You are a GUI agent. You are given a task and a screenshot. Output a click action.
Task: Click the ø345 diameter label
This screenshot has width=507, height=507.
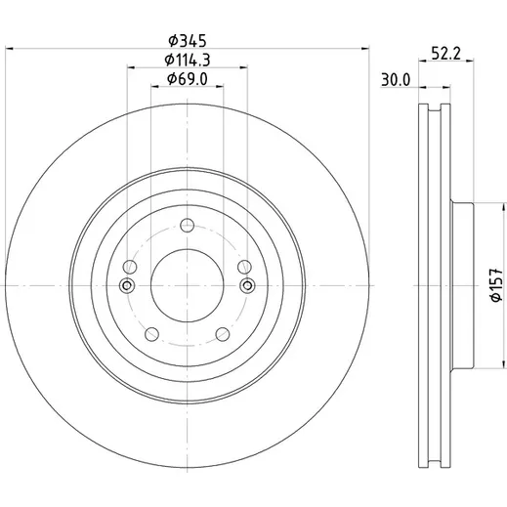[188, 41]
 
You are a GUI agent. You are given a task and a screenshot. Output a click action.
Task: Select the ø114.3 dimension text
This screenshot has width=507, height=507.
[188, 60]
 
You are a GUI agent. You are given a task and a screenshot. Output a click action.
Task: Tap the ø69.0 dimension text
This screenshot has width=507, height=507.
[188, 79]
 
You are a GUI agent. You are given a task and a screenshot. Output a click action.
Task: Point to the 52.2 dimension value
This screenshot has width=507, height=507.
[445, 54]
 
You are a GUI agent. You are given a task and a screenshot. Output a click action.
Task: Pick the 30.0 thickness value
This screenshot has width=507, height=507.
[396, 80]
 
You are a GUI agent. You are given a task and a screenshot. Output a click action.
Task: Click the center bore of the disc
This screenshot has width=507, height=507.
[188, 285]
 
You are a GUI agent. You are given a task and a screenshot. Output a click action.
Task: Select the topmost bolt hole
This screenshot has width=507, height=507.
[188, 226]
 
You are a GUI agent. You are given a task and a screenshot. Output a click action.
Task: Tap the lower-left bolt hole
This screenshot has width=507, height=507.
[151, 334]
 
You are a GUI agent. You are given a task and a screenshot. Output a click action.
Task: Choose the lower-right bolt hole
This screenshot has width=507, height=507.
[223, 334]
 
